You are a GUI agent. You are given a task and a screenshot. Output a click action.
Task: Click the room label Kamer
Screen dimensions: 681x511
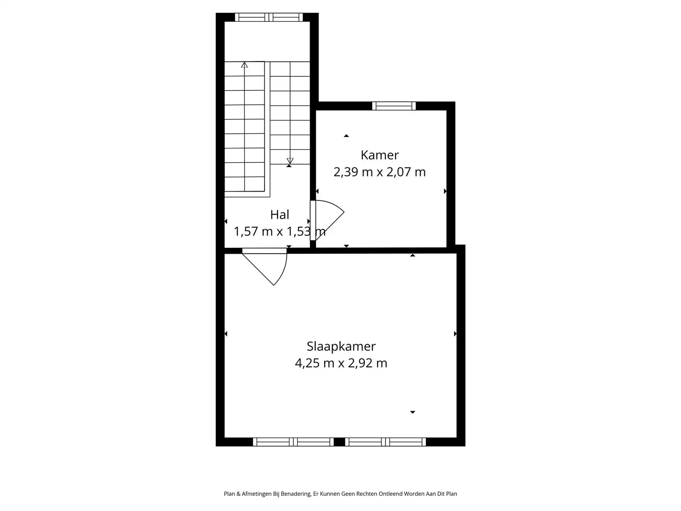380,155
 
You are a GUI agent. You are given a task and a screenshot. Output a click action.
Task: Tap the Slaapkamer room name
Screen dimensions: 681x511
341,346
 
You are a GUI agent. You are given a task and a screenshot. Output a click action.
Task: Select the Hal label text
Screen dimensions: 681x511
280,215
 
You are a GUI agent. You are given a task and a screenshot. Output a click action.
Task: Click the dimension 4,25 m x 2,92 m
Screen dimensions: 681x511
341,363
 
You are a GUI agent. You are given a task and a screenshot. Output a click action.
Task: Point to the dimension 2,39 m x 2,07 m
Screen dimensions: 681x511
380,172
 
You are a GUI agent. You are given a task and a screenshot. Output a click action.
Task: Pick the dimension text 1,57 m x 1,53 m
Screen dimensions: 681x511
280,232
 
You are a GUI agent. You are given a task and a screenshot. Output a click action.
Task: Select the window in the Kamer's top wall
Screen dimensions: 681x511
394,106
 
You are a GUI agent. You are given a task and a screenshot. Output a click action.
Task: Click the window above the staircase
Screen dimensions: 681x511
269,17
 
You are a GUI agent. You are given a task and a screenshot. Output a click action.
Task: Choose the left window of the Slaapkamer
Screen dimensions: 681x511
293,442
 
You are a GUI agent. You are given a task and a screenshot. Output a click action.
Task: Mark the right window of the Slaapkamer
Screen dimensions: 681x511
385,442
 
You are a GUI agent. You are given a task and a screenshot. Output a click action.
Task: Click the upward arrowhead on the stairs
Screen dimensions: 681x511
244,65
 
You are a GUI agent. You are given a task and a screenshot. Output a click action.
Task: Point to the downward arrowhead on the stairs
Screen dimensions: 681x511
290,161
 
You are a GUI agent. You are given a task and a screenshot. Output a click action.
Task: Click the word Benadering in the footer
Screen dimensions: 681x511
296,494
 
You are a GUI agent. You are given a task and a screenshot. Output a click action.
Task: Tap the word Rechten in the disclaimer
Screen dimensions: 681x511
366,494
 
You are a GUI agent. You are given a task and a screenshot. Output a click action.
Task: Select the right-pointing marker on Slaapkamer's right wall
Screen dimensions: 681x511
455,334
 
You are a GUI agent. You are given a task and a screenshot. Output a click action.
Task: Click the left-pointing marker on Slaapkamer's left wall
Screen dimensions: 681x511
226,334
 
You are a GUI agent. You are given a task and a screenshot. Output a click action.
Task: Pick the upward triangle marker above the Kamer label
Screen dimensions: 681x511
346,136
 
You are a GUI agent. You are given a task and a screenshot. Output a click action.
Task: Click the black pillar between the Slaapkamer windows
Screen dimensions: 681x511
339,442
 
